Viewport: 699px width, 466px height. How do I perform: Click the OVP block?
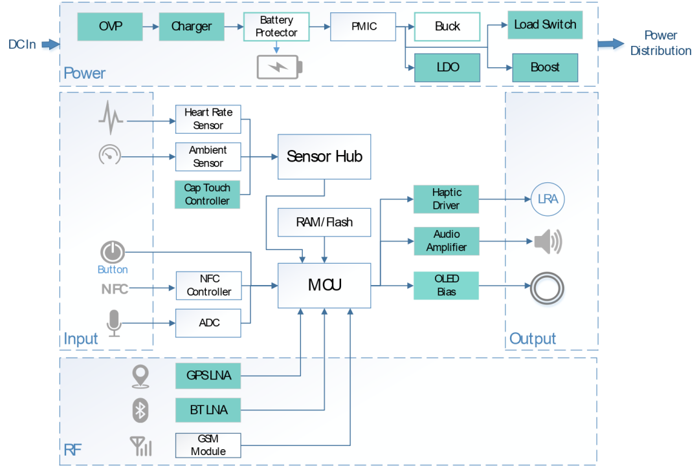coord(110,26)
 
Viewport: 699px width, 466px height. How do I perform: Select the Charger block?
coord(192,26)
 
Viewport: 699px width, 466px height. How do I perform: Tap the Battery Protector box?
coord(276,26)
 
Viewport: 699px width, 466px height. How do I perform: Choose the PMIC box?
coord(363,26)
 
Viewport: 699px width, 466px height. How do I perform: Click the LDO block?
coord(447,67)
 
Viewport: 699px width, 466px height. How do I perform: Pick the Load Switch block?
coord(545,25)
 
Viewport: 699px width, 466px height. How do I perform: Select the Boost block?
coord(545,67)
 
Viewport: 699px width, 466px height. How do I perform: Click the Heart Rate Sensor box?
coord(208,119)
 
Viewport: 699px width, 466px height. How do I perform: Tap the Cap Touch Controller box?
coord(207,195)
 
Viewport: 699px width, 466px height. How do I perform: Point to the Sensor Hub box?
coord(324,156)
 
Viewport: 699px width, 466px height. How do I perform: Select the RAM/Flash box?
coord(324,222)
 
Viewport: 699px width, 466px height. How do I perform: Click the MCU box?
coord(324,285)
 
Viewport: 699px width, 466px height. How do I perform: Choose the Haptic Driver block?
coord(446,198)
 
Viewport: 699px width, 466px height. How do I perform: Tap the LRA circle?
coord(548,200)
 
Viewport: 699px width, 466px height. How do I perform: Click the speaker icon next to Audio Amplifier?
coord(548,242)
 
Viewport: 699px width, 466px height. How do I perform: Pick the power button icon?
coord(113,252)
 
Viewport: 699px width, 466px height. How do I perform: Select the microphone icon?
coord(114,323)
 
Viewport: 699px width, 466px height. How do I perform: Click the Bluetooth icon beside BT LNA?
coord(140,410)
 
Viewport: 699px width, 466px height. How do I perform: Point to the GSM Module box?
coord(208,445)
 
